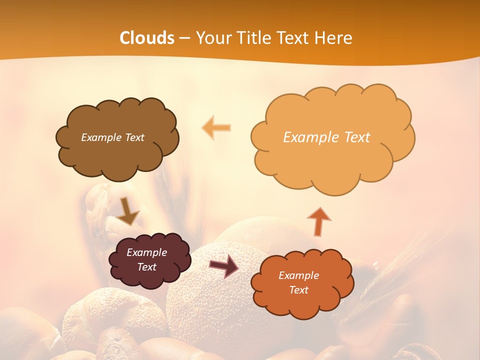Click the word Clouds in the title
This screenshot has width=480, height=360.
(x=147, y=38)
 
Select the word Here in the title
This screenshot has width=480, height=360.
(x=334, y=38)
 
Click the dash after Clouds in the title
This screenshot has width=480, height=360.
(x=184, y=38)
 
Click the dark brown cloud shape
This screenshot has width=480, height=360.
(x=117, y=155)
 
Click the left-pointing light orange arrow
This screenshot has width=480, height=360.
(x=216, y=128)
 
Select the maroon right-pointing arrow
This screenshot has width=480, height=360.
(x=224, y=266)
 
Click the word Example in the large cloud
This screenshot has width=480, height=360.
(x=310, y=137)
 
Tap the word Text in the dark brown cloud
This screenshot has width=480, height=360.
(x=134, y=137)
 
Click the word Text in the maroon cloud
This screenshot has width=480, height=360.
(x=146, y=267)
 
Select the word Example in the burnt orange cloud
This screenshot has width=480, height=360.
(x=298, y=275)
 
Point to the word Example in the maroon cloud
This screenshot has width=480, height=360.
(x=146, y=252)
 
